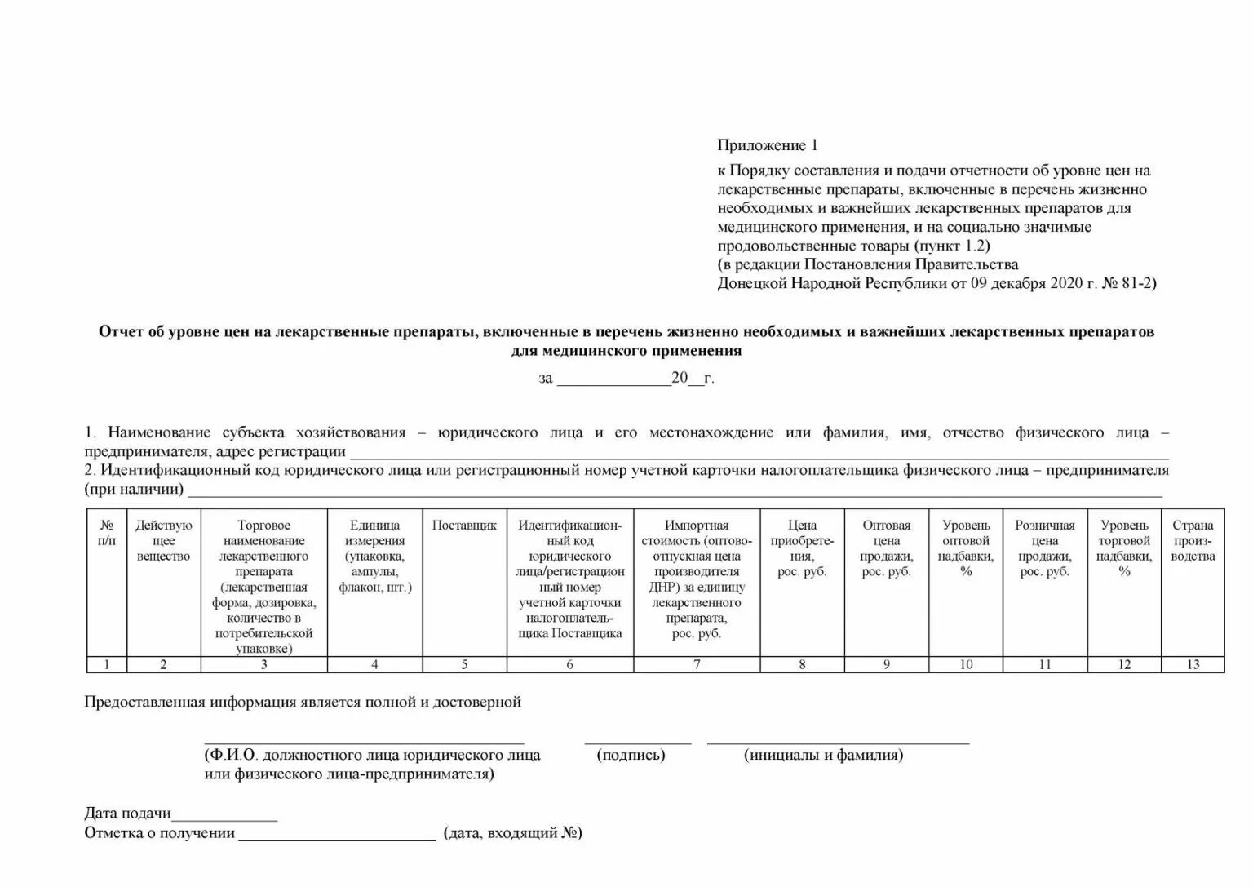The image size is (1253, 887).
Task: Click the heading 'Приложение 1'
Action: [x=767, y=145]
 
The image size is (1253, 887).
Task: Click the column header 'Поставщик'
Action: [x=464, y=526]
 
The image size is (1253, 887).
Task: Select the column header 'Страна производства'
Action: [x=1193, y=540]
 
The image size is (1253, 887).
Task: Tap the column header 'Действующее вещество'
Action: [x=163, y=540]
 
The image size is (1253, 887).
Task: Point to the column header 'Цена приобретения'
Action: [x=802, y=548]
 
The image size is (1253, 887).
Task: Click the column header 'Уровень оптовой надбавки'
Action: [x=966, y=548]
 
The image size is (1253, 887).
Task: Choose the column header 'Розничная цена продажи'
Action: [x=1044, y=548]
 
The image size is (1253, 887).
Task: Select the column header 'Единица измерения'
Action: [x=374, y=556]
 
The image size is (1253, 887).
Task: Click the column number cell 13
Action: [x=1193, y=664]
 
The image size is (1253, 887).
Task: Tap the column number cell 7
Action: [x=697, y=664]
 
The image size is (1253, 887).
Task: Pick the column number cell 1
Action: [x=107, y=664]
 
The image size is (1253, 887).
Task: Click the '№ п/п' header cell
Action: [x=107, y=533]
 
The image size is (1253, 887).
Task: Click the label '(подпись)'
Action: [x=631, y=755]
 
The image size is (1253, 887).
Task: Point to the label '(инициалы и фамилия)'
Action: [x=823, y=755]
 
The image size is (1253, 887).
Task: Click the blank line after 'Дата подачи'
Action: [x=224, y=815]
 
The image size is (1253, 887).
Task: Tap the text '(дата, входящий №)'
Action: [x=513, y=833]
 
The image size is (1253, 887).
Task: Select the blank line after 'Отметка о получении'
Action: [x=337, y=836]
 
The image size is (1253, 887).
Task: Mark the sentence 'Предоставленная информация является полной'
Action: [x=302, y=702]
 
